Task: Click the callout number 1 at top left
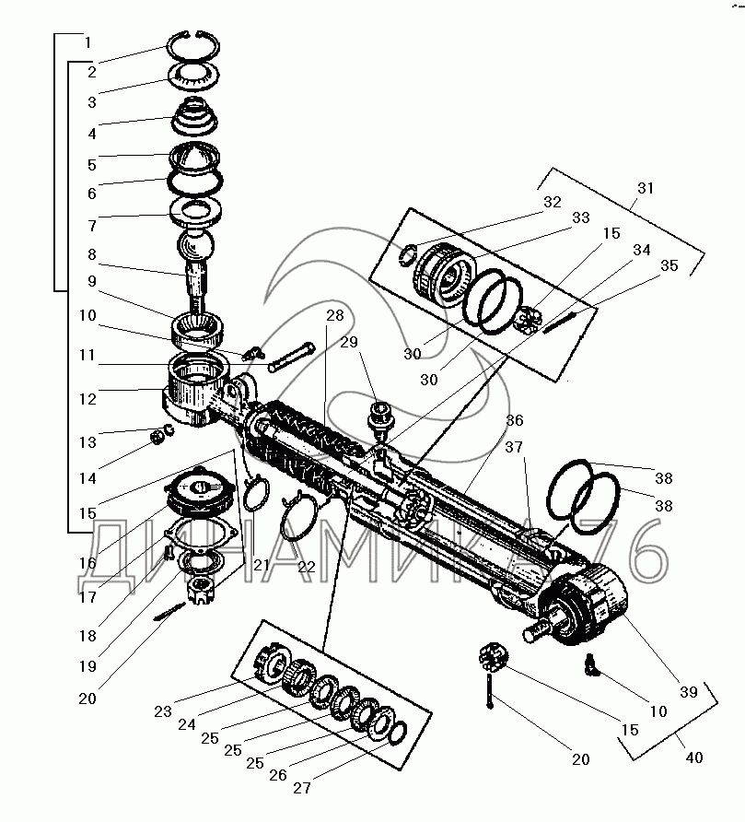pyautogui.click(x=87, y=42)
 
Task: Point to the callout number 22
pyautogui.click(x=307, y=567)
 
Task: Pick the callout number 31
pyautogui.click(x=645, y=187)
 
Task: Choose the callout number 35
pyautogui.click(x=669, y=265)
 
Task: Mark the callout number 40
pyautogui.click(x=693, y=757)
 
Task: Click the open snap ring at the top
pyautogui.click(x=193, y=44)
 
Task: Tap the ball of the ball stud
pyautogui.click(x=195, y=247)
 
